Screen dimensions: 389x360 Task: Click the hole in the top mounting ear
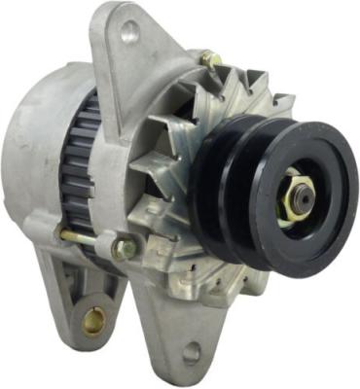pyautogui.click(x=129, y=31)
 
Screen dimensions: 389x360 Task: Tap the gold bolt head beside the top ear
pyautogui.click(x=209, y=60)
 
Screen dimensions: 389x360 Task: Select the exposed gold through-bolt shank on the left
pyautogui.click(x=78, y=236)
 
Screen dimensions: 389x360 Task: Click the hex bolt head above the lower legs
pyautogui.click(x=124, y=248)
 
